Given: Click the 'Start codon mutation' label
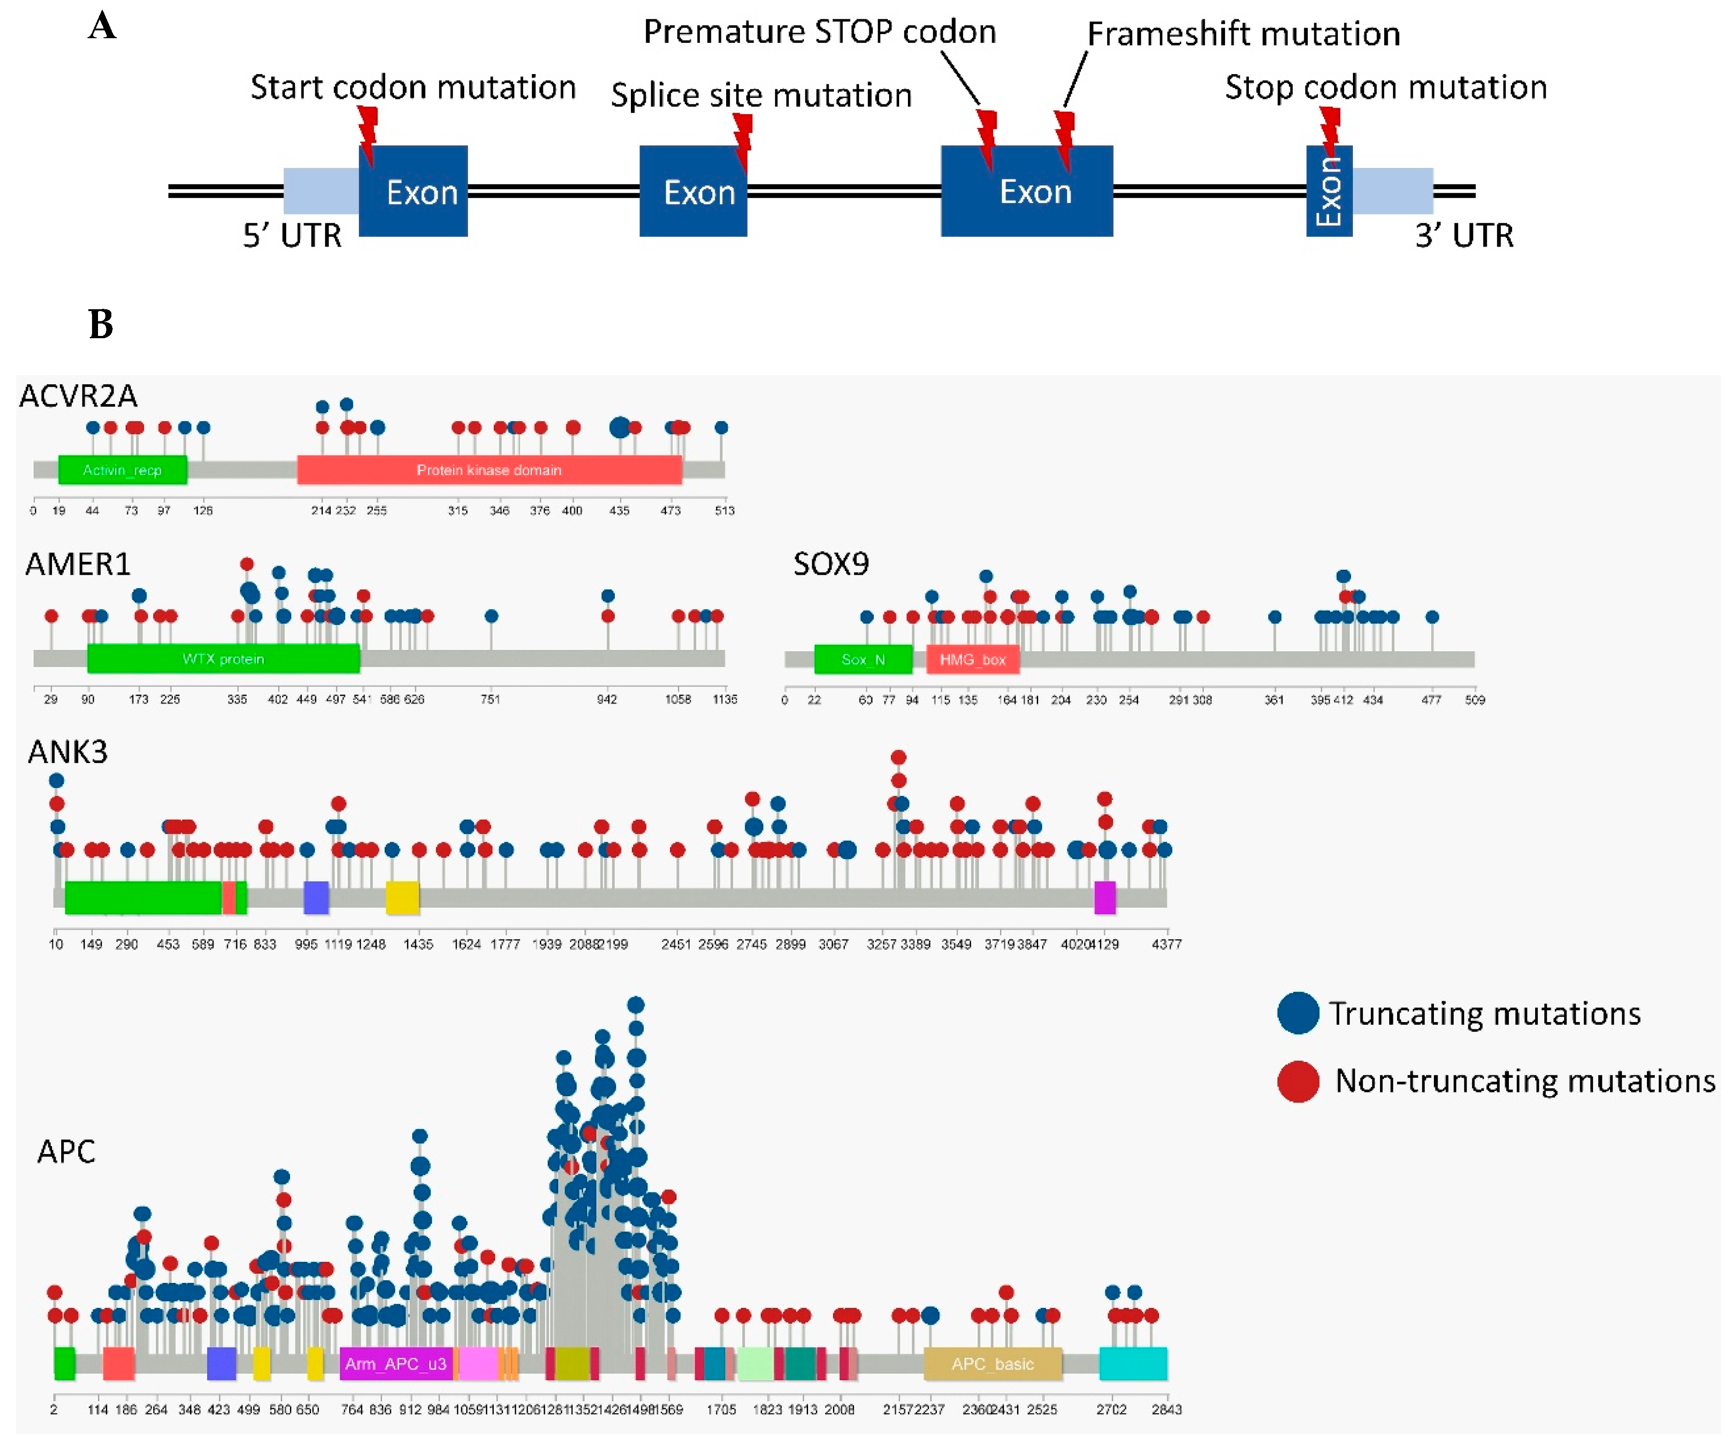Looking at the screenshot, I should [413, 87].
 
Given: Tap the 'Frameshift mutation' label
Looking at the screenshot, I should [1243, 34].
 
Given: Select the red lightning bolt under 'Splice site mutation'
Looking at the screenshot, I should [743, 140].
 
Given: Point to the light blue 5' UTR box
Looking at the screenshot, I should [321, 191].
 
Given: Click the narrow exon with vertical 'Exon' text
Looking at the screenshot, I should [1329, 191].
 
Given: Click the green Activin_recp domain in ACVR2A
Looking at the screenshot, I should [122, 469].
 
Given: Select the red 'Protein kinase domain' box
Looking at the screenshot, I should [489, 469].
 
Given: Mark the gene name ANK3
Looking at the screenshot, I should [68, 752].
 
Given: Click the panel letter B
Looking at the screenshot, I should [101, 324].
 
